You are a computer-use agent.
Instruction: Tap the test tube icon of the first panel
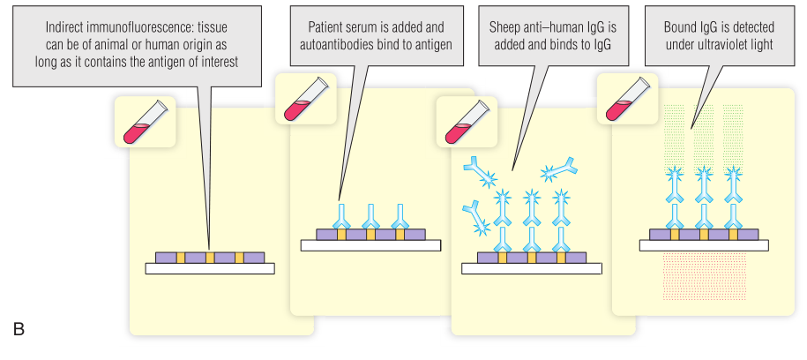145,122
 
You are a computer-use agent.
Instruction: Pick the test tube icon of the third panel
467,122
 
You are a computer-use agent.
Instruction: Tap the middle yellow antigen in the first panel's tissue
210,257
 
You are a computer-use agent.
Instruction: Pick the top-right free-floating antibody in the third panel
562,169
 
